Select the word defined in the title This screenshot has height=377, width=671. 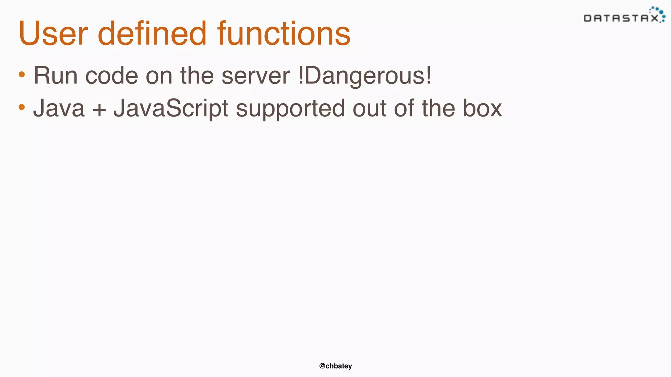click(x=152, y=33)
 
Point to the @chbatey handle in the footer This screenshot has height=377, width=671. click(x=335, y=366)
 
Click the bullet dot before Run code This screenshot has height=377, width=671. click(x=22, y=75)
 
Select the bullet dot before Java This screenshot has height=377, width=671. click(x=22, y=107)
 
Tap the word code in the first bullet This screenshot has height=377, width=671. click(x=111, y=76)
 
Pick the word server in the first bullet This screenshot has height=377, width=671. click(x=256, y=76)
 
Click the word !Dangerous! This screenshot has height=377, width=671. click(x=365, y=76)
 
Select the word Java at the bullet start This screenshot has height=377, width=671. click(x=59, y=108)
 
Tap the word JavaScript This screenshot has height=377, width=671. click(x=171, y=108)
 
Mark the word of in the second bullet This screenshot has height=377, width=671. click(x=404, y=108)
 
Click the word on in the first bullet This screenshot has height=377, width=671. click(x=159, y=76)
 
